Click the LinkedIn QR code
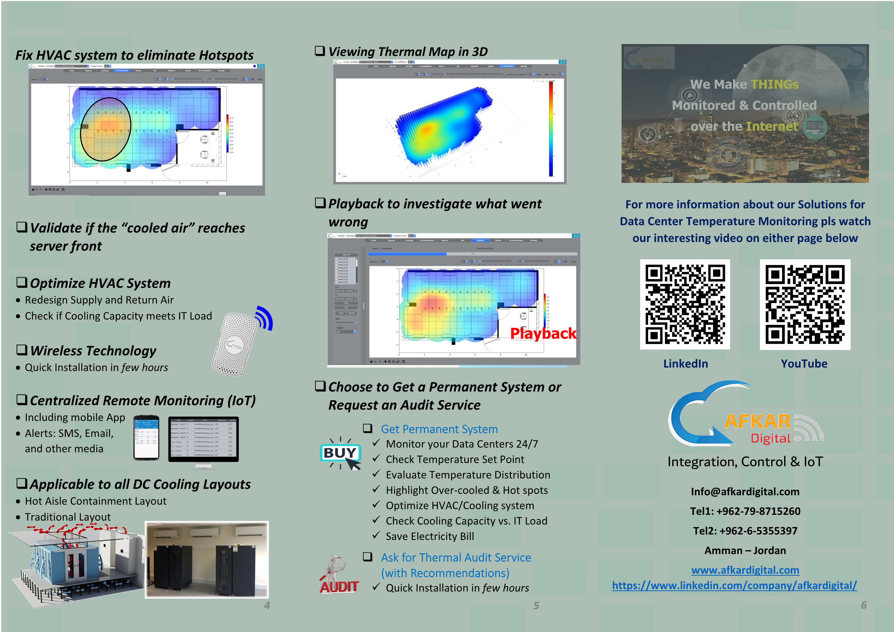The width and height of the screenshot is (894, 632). [x=685, y=304]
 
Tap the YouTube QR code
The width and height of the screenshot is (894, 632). [x=805, y=304]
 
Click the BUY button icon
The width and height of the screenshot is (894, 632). [x=340, y=453]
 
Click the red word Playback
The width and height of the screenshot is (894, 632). [x=543, y=333]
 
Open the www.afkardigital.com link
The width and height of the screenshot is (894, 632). [x=745, y=570]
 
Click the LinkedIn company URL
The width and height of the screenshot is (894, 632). [x=734, y=585]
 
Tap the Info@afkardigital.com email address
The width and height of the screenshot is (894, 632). [x=745, y=491]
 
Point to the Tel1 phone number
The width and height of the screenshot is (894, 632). [x=745, y=511]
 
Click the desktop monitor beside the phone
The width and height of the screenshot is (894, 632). [x=203, y=440]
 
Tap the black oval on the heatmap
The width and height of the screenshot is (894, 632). [x=106, y=129]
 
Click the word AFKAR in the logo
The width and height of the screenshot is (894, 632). [x=757, y=422]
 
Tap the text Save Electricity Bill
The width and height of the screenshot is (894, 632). [x=430, y=536]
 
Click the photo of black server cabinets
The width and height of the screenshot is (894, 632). [x=207, y=560]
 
